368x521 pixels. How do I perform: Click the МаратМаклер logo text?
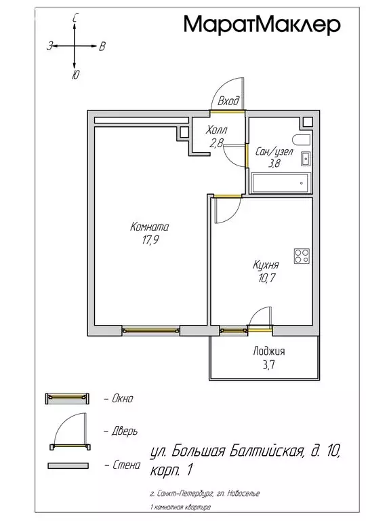tap(262, 24)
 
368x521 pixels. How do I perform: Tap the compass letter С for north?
tap(75, 19)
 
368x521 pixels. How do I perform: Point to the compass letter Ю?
tap(75, 75)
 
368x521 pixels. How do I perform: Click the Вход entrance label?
tap(228, 100)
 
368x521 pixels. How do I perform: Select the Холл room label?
tap(216, 130)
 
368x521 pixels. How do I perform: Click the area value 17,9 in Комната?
tap(150, 240)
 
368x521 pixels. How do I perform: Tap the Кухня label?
tap(266, 265)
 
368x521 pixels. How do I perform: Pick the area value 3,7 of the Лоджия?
tap(269, 365)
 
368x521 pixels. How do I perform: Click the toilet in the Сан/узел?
tap(302, 140)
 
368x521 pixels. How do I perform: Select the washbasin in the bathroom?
tap(305, 159)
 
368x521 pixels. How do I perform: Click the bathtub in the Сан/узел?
tap(281, 182)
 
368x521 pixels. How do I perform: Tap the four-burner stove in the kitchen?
tap(302, 256)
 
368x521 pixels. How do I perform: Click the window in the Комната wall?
tap(150, 330)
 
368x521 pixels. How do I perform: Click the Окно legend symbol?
tap(67, 398)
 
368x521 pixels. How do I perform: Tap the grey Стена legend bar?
tap(68, 465)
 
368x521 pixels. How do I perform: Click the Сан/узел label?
tap(274, 152)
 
